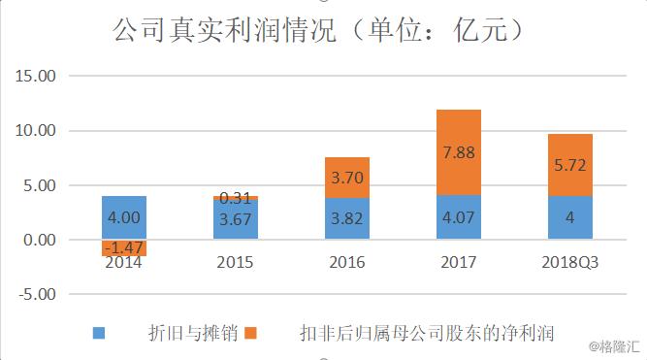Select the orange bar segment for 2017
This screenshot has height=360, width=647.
point(458,152)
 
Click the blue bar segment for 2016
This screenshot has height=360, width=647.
point(346,218)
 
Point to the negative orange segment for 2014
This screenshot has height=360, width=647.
point(124,247)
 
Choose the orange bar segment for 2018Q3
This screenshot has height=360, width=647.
point(569,165)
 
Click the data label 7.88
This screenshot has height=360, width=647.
point(458,153)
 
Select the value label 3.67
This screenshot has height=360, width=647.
point(235,219)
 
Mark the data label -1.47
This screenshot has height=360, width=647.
point(124,248)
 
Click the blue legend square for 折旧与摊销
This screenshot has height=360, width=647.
point(99,333)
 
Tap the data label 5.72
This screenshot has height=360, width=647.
point(569,165)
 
